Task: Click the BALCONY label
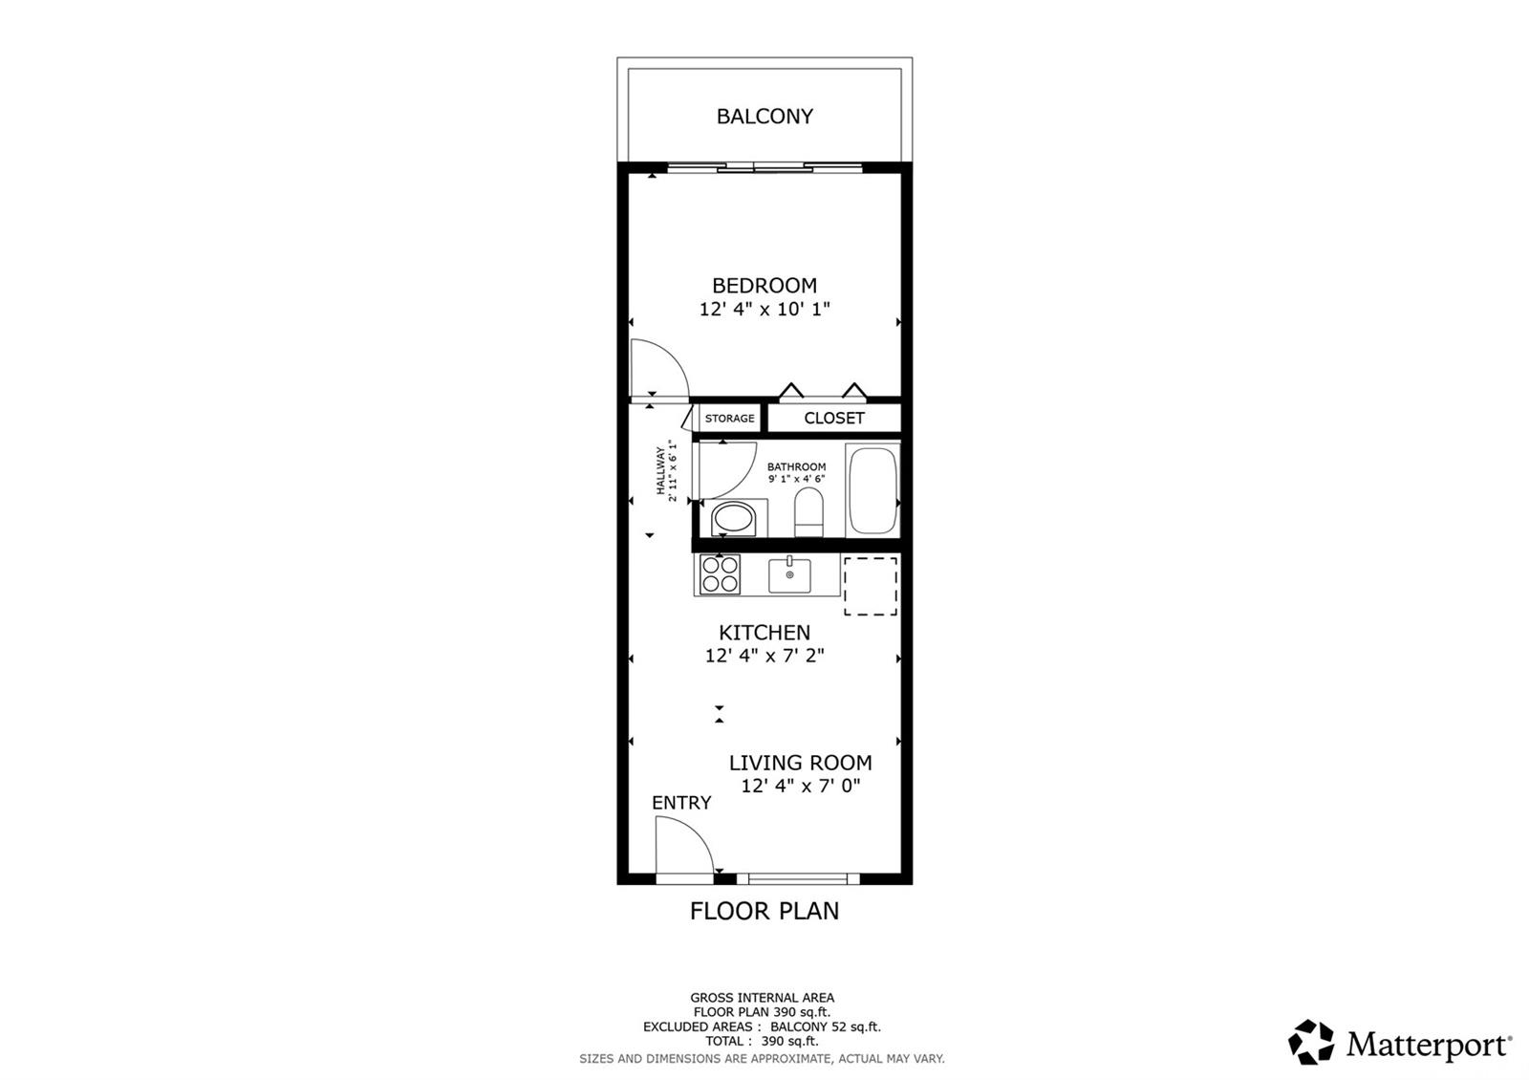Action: tap(764, 117)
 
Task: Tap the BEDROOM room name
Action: tap(764, 285)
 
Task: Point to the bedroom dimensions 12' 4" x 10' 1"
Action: tap(764, 310)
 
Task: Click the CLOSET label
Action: tap(834, 418)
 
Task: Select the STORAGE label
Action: tap(729, 419)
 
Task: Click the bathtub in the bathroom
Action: tap(872, 489)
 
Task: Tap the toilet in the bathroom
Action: tap(808, 511)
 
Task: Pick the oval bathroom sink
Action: tap(734, 521)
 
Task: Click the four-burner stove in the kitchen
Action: tap(720, 574)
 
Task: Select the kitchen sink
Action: tap(789, 575)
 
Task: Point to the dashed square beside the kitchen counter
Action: tap(870, 586)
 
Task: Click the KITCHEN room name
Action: tap(764, 633)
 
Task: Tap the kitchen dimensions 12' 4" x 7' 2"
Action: tap(764, 656)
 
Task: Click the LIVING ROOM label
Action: tap(800, 763)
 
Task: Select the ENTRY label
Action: tap(681, 803)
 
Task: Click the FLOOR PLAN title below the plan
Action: tap(764, 911)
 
